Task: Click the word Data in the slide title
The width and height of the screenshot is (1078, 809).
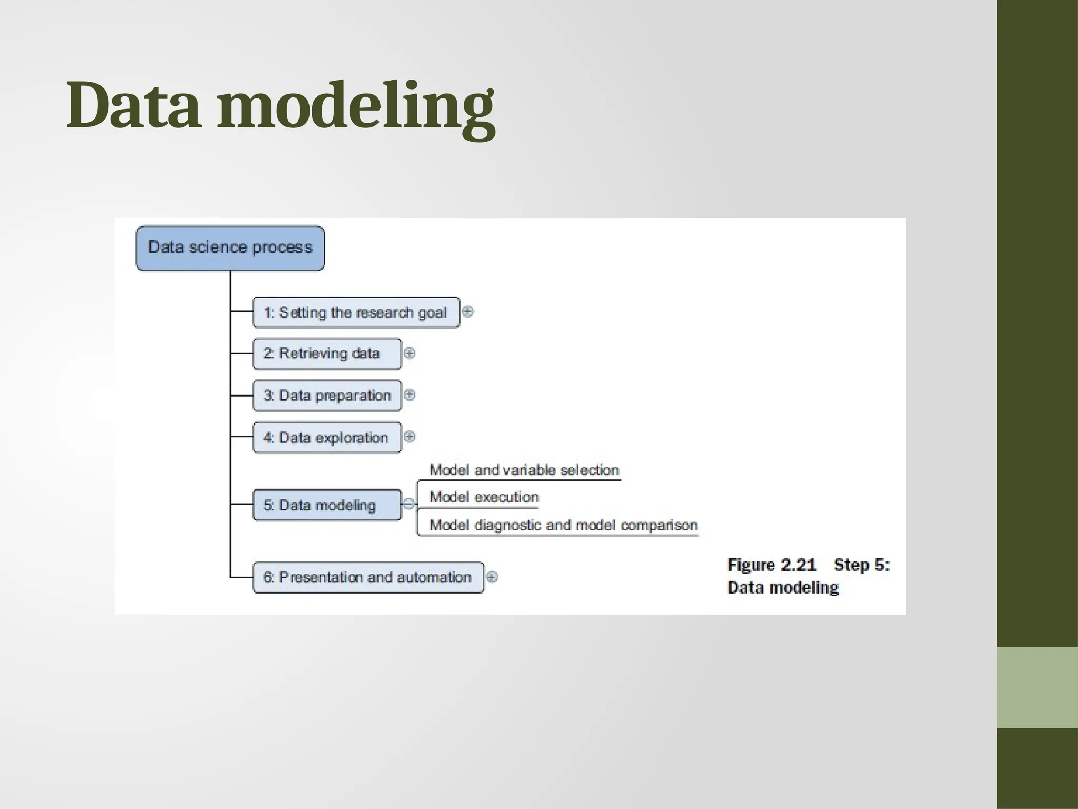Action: click(133, 105)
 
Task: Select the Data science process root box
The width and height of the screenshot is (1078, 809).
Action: click(230, 248)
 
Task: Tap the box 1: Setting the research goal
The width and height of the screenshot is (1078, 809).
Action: click(356, 312)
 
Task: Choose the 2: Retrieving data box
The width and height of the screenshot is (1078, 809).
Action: click(326, 353)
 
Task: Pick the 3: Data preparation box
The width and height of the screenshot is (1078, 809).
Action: click(326, 396)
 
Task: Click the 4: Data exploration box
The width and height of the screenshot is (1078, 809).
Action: click(326, 438)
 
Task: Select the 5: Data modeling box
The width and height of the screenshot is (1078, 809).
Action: click(326, 505)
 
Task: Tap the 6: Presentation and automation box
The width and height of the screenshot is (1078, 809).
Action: click(367, 577)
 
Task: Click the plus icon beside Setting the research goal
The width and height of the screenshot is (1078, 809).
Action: click(467, 311)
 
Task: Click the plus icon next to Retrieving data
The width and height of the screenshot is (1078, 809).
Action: click(410, 353)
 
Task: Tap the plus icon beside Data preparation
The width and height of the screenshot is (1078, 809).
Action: click(410, 394)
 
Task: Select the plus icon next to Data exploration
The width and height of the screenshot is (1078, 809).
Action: click(410, 436)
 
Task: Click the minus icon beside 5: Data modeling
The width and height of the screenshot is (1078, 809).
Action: click(408, 504)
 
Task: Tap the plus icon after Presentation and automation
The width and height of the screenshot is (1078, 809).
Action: click(492, 577)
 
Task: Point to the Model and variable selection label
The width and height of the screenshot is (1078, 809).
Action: click(524, 470)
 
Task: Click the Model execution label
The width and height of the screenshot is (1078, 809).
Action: click(484, 497)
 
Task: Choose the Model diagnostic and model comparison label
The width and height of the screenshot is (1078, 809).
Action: click(563, 525)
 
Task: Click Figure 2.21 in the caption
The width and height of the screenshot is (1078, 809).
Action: click(772, 565)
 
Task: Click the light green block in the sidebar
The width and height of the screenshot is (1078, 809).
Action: click(1037, 687)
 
